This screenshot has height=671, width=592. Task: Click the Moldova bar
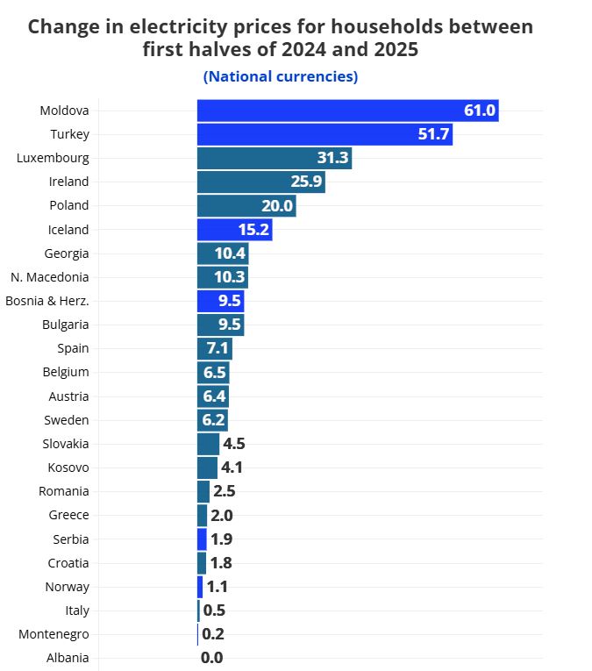(347, 111)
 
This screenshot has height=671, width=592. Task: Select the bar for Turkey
(325, 134)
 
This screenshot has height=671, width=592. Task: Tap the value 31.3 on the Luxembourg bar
(333, 158)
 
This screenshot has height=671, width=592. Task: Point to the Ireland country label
(68, 182)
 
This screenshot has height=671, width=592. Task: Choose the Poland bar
(246, 205)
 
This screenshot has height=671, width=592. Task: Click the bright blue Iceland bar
(234, 230)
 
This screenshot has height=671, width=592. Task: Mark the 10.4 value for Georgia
(230, 253)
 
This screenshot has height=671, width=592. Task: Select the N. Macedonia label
(50, 277)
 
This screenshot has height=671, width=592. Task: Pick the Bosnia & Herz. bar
(220, 301)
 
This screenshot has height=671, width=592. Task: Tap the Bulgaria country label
(66, 325)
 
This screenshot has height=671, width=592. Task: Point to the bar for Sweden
(212, 420)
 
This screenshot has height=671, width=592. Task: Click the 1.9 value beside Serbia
(222, 539)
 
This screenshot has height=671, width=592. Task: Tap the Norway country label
(67, 587)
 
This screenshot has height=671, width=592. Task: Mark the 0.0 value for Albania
(212, 658)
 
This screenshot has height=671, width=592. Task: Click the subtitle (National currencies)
(281, 76)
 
